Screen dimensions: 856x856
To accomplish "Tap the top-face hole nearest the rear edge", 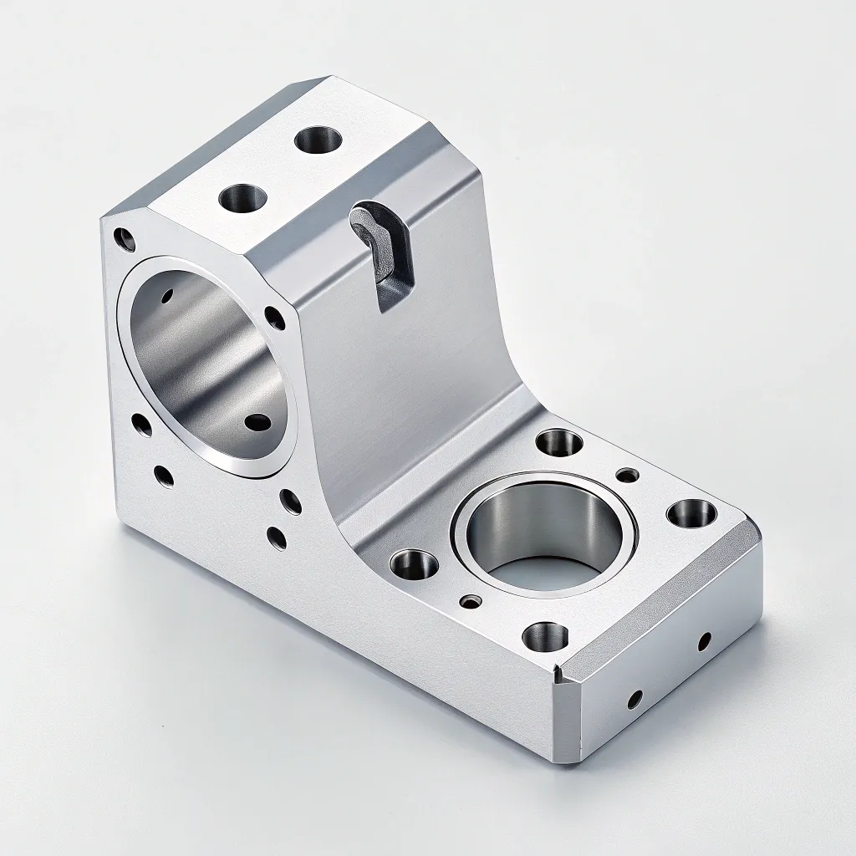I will point(318,139).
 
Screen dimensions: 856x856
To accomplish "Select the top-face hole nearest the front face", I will point(242,199).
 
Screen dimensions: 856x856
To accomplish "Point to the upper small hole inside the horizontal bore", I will point(168,296).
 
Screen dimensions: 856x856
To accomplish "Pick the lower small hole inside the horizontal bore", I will point(257,422).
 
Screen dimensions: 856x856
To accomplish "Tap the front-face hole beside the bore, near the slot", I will point(273,316).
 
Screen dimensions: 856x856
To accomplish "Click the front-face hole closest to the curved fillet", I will point(291,502).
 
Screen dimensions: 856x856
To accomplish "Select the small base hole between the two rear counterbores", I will point(626,475).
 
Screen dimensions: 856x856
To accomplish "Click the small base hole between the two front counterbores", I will point(473,600).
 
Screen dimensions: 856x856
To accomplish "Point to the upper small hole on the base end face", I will point(704,641).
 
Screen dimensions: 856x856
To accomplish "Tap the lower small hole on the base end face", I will point(634,699).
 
